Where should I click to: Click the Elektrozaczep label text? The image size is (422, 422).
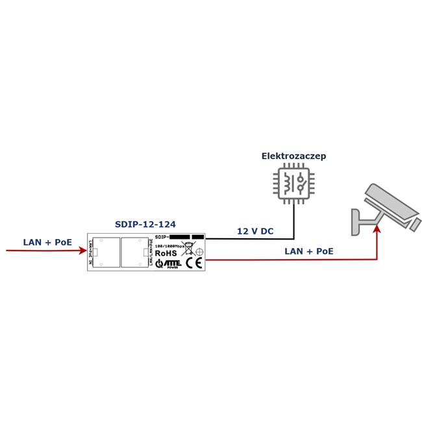click(x=293, y=156)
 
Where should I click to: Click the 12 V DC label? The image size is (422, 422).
click(x=254, y=231)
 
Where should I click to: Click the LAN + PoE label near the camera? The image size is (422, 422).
click(x=309, y=251)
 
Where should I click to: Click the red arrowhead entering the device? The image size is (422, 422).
click(x=82, y=249)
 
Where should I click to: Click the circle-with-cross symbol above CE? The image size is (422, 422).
click(x=200, y=251)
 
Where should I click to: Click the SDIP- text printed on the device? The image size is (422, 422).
click(x=162, y=238)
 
